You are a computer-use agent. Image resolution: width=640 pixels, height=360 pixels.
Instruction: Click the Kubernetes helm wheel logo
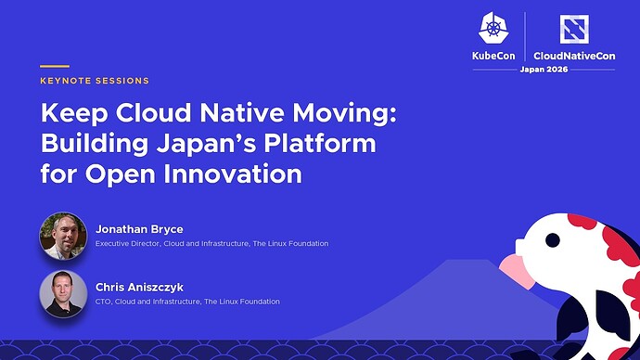pos(493,27)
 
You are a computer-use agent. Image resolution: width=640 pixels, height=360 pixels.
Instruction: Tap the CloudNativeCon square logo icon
pos(574,29)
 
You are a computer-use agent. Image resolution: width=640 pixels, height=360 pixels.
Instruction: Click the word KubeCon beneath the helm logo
pos(493,56)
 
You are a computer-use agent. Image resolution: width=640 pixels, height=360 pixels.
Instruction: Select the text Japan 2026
pos(544,70)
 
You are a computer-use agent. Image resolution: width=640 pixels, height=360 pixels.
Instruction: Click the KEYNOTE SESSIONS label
pos(95,81)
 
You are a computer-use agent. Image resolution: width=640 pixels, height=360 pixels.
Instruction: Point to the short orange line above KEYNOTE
pos(55,66)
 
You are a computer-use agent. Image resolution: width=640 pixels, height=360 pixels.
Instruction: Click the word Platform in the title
pos(320,143)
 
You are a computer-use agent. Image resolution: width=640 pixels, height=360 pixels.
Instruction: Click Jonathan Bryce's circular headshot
pos(63,236)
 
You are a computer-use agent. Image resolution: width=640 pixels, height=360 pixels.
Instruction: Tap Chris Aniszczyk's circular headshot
pos(63,294)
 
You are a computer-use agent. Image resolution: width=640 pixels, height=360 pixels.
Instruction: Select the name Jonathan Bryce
pos(139,229)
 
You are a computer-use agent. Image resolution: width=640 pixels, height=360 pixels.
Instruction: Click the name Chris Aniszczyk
pos(139,288)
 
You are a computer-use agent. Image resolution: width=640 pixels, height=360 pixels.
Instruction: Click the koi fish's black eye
pos(553,240)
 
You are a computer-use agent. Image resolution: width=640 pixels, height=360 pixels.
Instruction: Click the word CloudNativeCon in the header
pos(574,56)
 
